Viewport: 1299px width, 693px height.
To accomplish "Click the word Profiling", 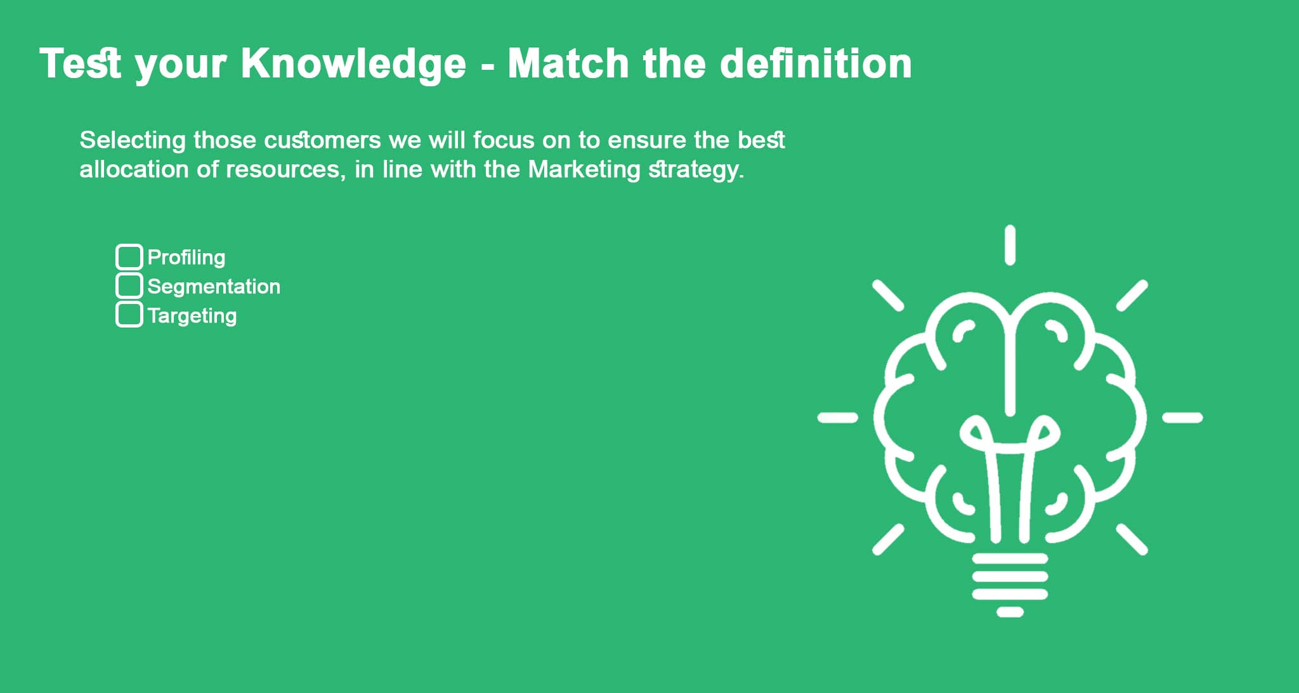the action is [186, 258].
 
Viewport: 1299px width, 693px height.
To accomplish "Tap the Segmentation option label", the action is [214, 286].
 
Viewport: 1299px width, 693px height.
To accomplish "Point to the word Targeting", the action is [192, 316].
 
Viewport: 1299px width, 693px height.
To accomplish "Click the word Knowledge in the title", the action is [353, 65].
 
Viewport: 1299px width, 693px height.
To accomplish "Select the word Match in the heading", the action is [568, 63].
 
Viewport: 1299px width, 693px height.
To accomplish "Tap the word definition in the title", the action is [816, 63].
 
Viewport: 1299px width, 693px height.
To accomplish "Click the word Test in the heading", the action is [80, 63].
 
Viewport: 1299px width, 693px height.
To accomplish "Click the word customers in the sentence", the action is [322, 140].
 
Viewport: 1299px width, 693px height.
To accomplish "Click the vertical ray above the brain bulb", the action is [1010, 245].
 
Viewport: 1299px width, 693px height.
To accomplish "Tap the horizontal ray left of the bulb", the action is [838, 418].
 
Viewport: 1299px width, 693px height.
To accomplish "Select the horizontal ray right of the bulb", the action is [1182, 418].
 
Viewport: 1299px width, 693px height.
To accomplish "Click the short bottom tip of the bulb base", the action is [1010, 612].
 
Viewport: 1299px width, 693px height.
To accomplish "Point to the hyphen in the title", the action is [487, 67].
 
